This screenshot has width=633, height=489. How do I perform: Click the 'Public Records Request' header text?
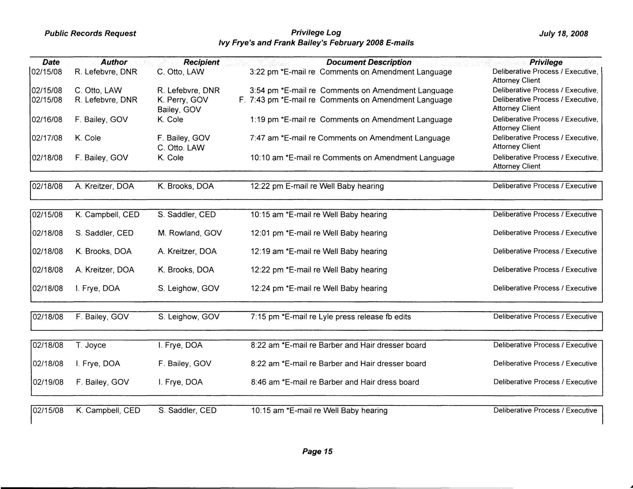[x=90, y=33]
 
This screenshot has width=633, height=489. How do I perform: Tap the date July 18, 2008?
[x=563, y=34]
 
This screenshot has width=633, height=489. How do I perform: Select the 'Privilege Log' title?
[x=316, y=33]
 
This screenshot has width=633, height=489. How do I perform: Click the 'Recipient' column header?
[x=201, y=62]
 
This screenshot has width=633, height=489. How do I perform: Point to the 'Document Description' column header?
[x=369, y=62]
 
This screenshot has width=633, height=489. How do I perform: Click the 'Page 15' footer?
[x=317, y=451]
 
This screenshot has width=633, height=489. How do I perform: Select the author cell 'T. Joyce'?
[x=91, y=345]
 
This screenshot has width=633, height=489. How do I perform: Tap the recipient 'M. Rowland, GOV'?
[x=190, y=233]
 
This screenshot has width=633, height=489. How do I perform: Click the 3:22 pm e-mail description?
[x=350, y=72]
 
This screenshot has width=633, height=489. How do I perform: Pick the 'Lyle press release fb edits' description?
[x=331, y=317]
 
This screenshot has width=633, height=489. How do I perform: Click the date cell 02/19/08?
[x=48, y=382]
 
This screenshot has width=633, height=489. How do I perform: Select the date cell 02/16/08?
[x=47, y=119]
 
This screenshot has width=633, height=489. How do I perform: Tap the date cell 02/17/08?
[x=47, y=138]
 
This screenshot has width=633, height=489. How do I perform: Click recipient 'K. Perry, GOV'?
[x=183, y=100]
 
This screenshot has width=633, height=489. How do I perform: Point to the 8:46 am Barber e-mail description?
[x=335, y=382]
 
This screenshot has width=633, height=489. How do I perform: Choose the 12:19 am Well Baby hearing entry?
[x=319, y=252]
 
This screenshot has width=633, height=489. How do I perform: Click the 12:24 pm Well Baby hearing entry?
[x=319, y=288]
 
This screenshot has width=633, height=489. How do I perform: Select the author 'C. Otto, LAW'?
[x=98, y=90]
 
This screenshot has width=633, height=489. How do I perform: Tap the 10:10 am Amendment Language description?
[x=352, y=158]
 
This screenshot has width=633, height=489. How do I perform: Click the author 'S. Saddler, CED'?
[x=104, y=233]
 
